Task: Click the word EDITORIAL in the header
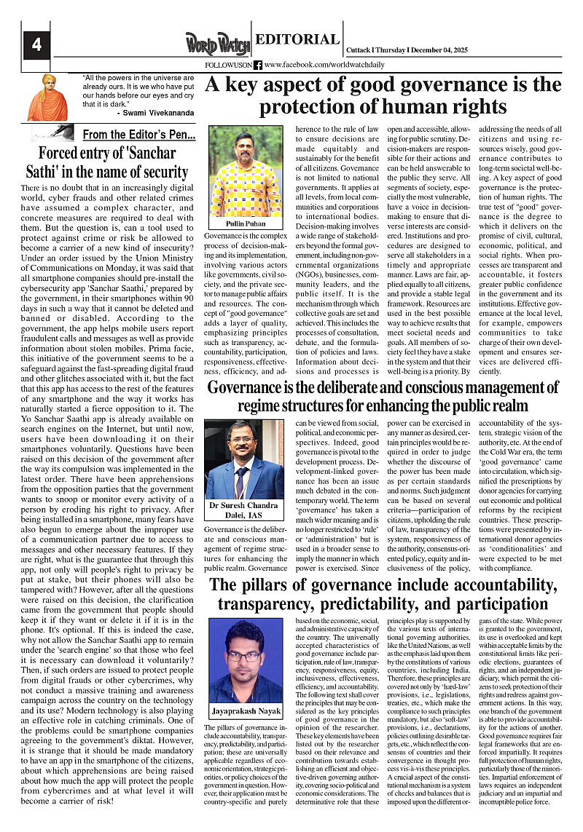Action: click(297, 40)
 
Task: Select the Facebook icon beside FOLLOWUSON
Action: click(258, 65)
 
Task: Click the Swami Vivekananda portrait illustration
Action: click(47, 97)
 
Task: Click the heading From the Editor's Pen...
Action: click(138, 135)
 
